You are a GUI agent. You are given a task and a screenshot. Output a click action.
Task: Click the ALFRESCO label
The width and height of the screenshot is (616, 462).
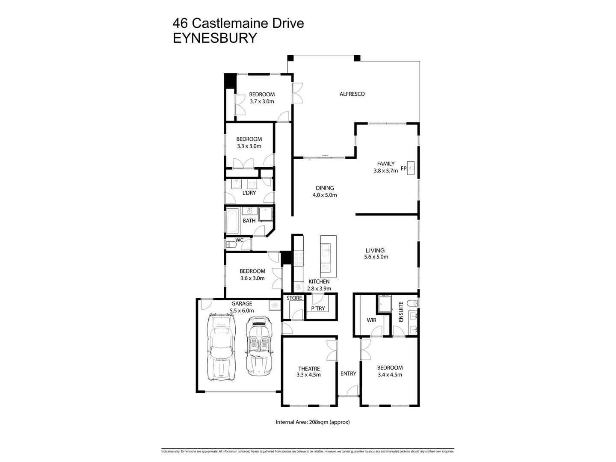(x=352, y=94)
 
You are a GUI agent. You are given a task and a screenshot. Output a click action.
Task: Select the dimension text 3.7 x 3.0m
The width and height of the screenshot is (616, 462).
(x=262, y=102)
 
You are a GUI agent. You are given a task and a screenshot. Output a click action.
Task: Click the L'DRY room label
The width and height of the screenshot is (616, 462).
(x=249, y=193)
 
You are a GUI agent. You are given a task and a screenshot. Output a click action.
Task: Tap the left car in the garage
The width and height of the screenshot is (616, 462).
(x=221, y=346)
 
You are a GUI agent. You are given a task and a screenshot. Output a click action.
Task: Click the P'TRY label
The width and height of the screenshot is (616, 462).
(x=318, y=308)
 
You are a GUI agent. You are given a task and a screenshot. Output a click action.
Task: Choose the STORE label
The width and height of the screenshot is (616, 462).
(x=294, y=298)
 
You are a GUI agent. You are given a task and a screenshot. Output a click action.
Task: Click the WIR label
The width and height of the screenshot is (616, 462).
(x=371, y=320)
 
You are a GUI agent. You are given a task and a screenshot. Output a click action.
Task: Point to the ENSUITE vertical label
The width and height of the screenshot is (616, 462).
(x=401, y=312)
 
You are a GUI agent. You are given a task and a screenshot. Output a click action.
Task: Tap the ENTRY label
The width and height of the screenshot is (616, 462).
(x=348, y=373)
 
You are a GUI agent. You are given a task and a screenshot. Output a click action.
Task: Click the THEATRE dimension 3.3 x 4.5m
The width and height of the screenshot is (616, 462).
(x=308, y=375)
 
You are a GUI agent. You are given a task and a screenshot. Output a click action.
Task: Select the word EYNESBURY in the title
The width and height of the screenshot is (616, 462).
(x=214, y=38)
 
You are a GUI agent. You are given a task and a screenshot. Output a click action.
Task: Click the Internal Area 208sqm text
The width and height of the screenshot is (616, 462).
(x=313, y=422)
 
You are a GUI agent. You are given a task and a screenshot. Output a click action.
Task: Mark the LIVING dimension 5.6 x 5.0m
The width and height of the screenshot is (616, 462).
(x=376, y=257)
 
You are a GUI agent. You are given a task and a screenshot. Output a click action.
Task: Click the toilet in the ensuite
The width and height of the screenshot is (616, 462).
(x=412, y=303)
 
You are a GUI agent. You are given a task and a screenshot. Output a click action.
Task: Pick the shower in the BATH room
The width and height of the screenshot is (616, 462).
(x=265, y=214)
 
